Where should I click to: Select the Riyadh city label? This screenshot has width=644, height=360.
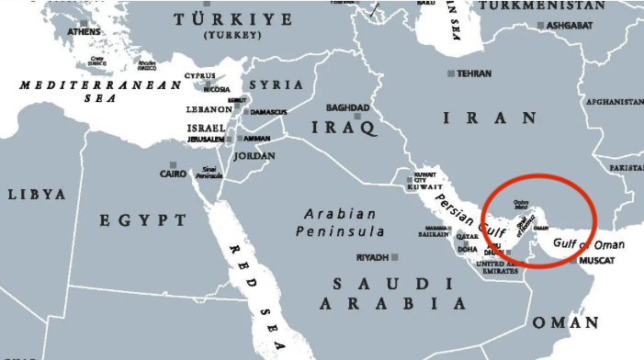point(372,257)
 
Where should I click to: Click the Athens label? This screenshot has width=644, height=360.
point(84,32)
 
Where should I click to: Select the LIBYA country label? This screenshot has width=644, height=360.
point(37,195)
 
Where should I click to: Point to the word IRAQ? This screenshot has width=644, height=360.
point(345,127)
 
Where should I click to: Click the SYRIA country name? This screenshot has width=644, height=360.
point(277,84)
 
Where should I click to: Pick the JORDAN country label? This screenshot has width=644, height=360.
point(255,155)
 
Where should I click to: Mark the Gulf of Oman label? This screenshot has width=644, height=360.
point(587,244)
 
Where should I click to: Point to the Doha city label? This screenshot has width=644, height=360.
point(468,249)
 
